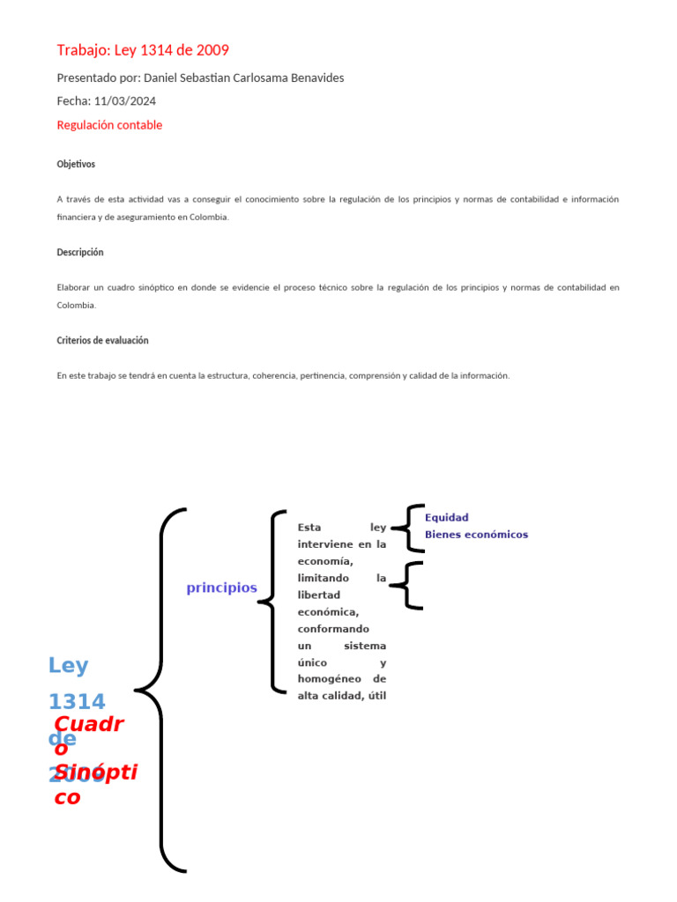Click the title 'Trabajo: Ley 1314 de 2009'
[143, 50]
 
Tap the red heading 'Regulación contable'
[109, 125]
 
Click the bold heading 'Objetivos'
[76, 164]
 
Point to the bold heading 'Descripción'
[80, 252]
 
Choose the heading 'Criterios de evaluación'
[102, 340]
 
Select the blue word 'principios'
[221, 588]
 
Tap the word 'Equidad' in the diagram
[447, 517]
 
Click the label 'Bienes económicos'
[476, 534]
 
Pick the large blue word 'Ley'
[68, 666]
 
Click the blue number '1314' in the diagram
[77, 702]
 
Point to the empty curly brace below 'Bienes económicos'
[407, 584]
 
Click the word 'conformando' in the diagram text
[334, 629]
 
